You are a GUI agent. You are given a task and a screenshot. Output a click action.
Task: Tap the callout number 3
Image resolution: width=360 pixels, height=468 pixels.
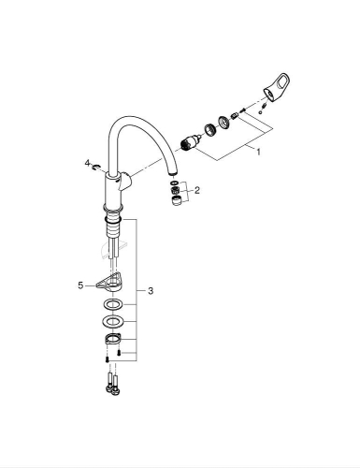click(x=151, y=291)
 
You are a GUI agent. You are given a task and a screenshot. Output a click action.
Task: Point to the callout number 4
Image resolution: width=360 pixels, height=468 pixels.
click(x=87, y=163)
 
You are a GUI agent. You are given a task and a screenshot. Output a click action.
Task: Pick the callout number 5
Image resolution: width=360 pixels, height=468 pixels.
click(x=81, y=285)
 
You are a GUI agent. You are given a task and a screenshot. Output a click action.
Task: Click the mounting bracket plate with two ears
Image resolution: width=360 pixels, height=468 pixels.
click(x=112, y=342)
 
